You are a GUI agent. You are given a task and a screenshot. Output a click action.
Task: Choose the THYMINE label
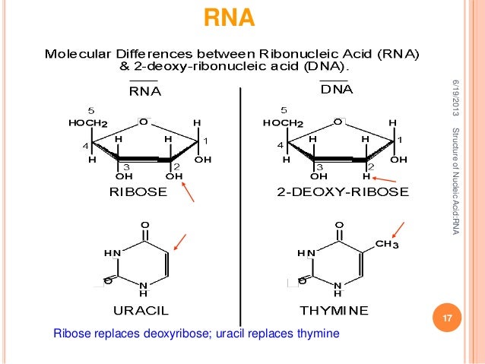click(334, 309)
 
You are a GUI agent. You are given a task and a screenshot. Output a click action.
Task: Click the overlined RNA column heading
click(144, 92)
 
